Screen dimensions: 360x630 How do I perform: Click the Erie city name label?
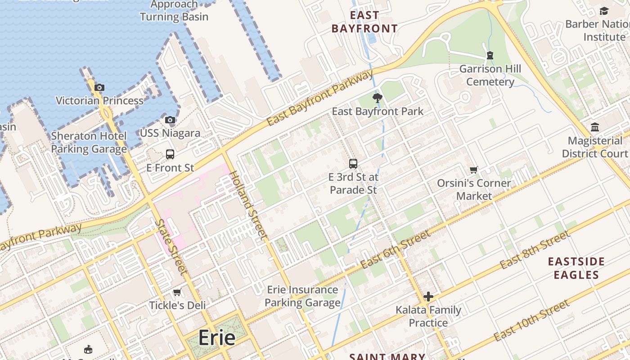coord(217,337)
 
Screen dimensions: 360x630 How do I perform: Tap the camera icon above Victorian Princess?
coord(99,87)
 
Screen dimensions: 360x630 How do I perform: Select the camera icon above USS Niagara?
coord(170,120)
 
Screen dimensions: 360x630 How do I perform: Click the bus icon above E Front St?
coord(170,154)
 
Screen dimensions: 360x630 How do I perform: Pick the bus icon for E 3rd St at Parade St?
coord(353,164)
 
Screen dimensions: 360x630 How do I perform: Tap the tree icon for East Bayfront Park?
coord(377,98)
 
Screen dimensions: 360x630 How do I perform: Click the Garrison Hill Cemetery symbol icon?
coord(490,56)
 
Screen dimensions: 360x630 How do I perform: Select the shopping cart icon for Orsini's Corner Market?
coord(473,170)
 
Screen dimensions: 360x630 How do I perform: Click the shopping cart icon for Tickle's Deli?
coord(177,292)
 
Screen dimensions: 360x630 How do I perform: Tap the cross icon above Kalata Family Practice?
coord(428,297)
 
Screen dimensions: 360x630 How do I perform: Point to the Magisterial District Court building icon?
coord(595,127)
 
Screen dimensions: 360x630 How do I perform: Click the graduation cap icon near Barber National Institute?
coord(604,11)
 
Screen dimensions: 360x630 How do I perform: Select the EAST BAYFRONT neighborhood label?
coord(364,22)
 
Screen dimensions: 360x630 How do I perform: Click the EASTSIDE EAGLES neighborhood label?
coord(576,268)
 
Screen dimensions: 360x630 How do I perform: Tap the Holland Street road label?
coord(248,205)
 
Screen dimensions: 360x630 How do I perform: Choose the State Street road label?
coord(171,247)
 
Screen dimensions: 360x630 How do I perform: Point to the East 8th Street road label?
coord(535,249)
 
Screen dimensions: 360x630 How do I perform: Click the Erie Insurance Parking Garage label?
coord(302,296)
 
